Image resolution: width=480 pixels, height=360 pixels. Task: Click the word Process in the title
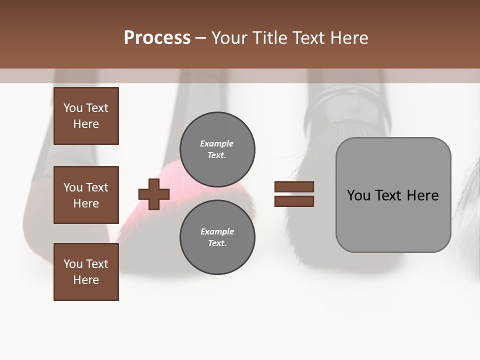157,38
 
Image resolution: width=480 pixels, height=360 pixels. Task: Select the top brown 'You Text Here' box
86,116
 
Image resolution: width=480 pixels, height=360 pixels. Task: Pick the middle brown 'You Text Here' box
86,195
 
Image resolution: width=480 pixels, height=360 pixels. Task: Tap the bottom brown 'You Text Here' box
86,272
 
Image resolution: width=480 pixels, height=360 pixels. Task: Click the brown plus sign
154,194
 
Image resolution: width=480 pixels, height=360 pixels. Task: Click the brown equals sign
294,194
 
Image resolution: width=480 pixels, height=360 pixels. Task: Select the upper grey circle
217,149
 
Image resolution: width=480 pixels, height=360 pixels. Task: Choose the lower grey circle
217,237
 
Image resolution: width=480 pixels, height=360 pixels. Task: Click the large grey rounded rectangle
393,195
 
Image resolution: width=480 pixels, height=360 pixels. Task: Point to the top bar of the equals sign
294,187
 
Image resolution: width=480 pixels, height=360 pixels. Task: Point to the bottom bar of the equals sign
294,201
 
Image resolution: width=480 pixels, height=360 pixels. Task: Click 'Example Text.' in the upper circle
217,149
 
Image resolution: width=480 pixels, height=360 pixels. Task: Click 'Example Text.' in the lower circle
217,237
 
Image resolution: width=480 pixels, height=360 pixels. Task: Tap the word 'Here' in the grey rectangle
422,195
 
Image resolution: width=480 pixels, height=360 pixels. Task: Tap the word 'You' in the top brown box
73,108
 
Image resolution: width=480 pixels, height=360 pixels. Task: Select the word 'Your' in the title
230,38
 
